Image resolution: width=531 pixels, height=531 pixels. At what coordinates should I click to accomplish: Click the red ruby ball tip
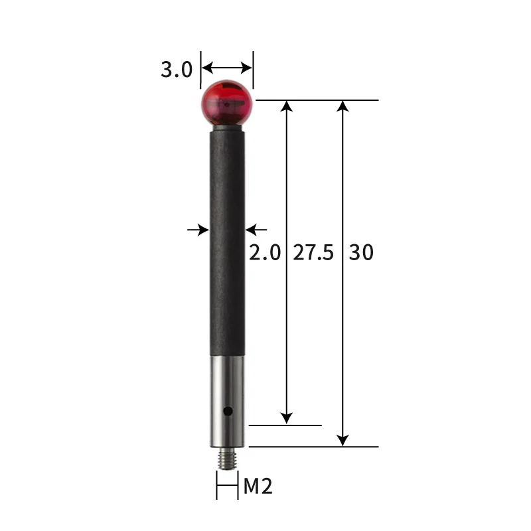pos(227,104)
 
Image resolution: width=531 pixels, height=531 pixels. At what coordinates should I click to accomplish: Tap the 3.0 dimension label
pos(177,69)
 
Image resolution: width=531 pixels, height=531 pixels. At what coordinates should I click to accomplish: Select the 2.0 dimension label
pos(265,253)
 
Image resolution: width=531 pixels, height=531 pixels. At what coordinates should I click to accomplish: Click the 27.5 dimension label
pos(313,253)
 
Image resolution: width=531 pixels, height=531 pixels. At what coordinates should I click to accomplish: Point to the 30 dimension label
pos(361,253)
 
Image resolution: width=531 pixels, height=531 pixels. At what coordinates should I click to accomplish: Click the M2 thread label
pos(258,487)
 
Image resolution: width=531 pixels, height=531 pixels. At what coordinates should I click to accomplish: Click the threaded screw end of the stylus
pos(227,459)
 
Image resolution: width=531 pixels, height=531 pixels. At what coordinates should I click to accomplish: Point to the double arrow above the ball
pos(227,67)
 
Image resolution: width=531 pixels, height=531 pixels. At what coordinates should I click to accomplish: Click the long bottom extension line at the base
pos(312,447)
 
